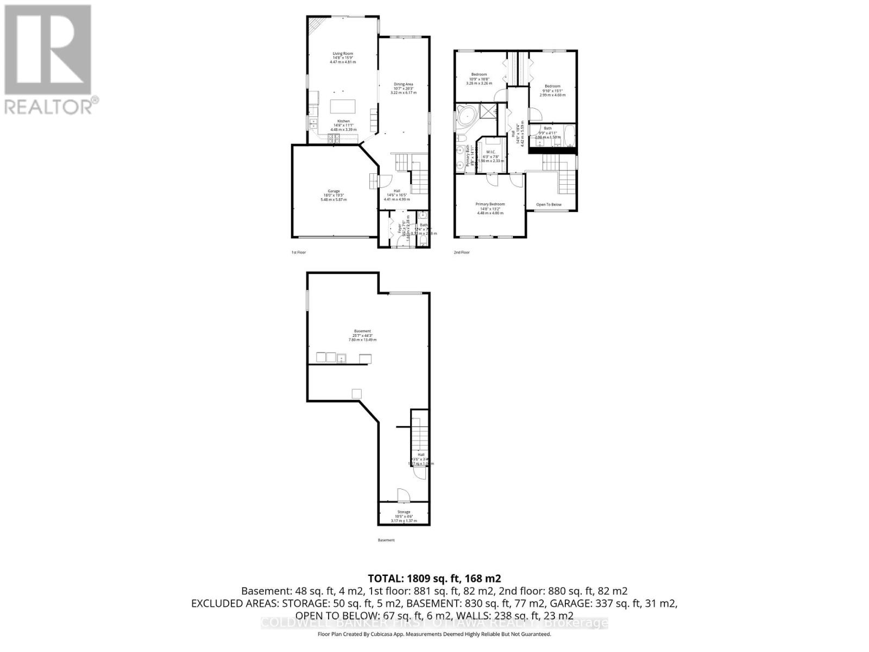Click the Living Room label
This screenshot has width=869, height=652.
(343, 58)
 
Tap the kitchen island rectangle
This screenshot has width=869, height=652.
(343, 105)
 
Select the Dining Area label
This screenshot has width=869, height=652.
(404, 88)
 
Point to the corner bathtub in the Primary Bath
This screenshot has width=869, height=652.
(464, 117)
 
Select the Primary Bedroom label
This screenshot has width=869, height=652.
(490, 208)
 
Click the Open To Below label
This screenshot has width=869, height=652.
(549, 205)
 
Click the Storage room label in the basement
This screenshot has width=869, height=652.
(404, 516)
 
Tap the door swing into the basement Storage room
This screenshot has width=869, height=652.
(402, 495)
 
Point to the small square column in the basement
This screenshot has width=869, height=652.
(357, 394)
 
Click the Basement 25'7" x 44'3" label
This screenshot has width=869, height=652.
(362, 335)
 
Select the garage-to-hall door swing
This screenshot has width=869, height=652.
(383, 181)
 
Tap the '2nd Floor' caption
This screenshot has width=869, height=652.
(462, 252)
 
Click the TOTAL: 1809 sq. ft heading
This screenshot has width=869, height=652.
(434, 578)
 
